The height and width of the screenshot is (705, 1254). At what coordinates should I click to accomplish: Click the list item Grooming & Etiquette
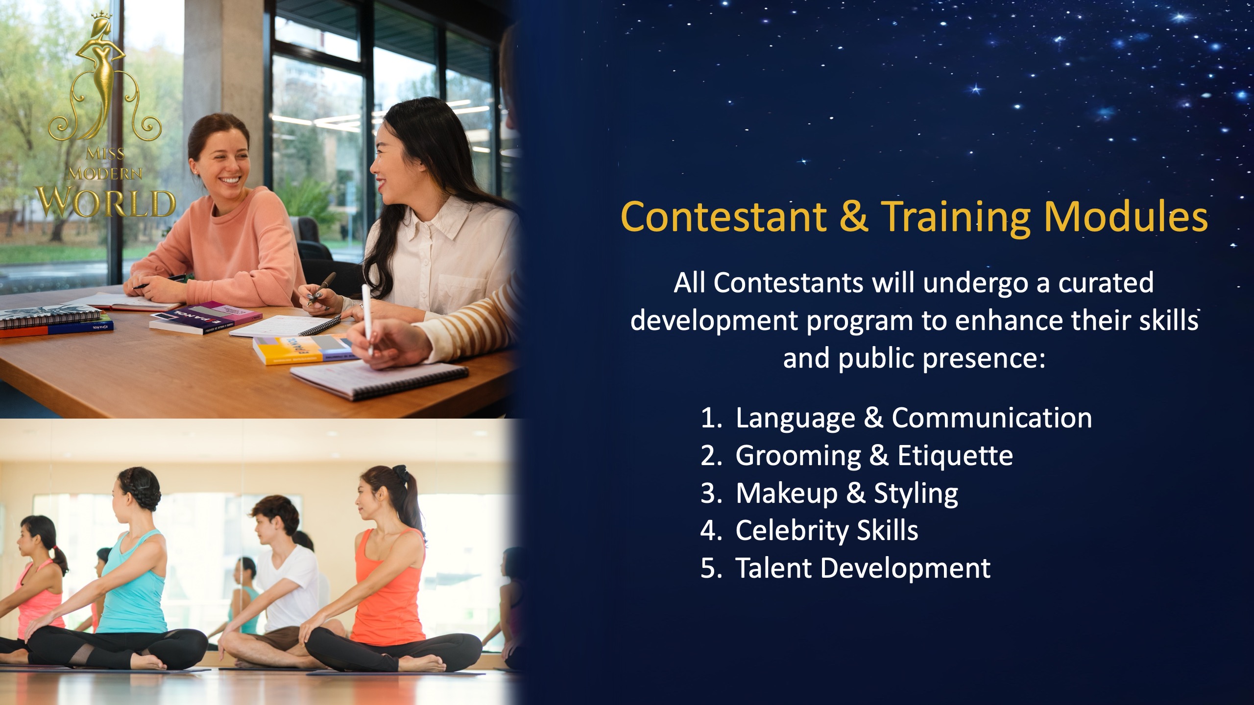(874, 456)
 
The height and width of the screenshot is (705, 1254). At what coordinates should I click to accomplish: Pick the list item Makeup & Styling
(846, 493)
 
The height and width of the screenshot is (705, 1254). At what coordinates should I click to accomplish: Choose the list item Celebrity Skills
(827, 530)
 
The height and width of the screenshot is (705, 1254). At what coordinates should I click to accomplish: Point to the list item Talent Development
(863, 568)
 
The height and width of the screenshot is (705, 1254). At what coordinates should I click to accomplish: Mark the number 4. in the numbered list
(711, 531)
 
